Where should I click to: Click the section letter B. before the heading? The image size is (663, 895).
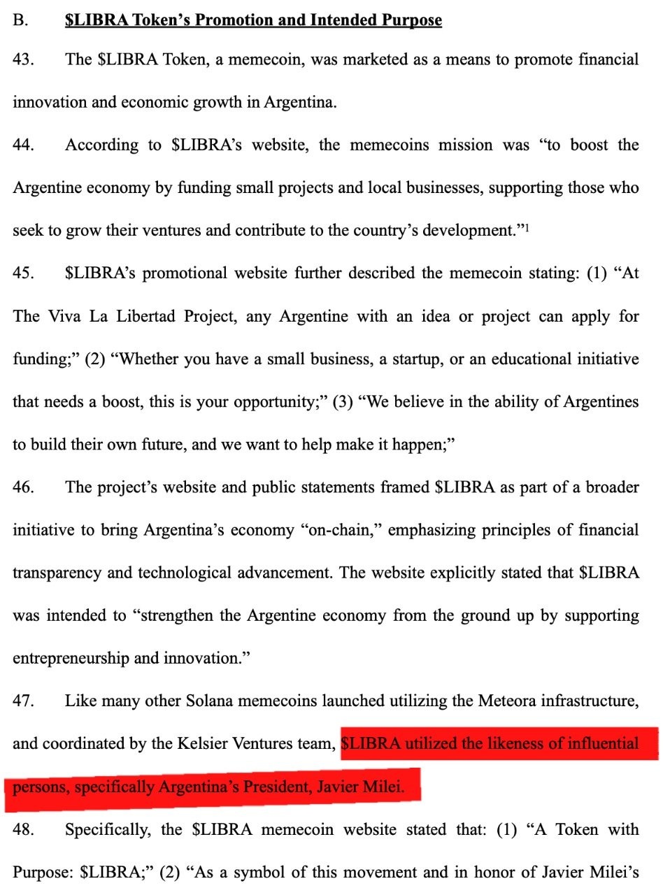pyautogui.click(x=20, y=20)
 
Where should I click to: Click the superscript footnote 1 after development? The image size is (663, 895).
pyautogui.click(x=526, y=228)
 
